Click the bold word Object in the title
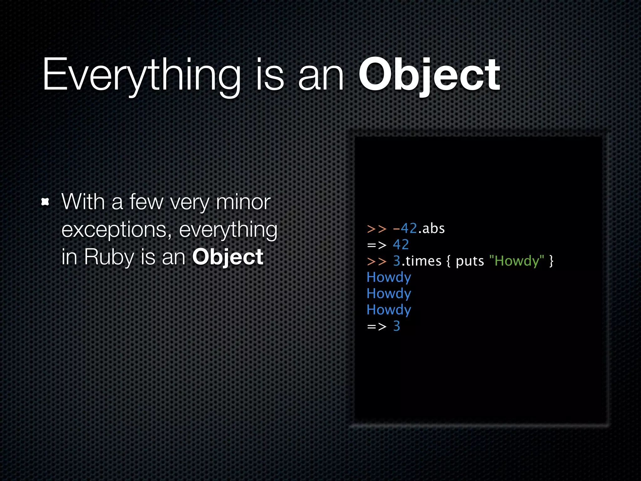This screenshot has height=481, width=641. click(x=429, y=75)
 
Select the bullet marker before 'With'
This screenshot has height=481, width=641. click(x=45, y=202)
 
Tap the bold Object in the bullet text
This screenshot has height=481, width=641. click(x=228, y=257)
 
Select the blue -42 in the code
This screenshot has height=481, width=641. click(x=405, y=229)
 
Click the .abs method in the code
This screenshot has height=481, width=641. click(x=432, y=229)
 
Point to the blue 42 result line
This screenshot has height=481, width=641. click(x=401, y=245)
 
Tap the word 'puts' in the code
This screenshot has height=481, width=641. click(x=470, y=261)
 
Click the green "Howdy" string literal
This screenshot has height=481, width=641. click(x=516, y=261)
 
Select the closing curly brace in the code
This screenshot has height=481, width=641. click(x=551, y=261)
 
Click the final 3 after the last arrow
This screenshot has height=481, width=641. click(x=397, y=326)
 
